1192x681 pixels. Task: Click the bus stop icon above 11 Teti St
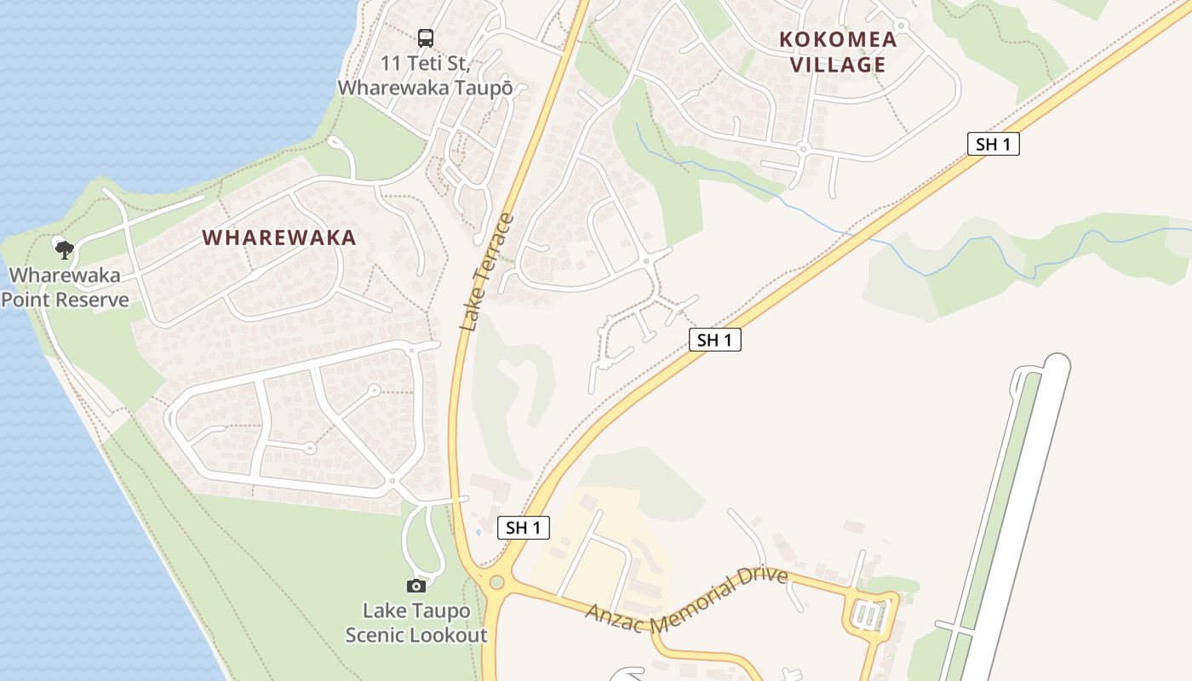pos(425,37)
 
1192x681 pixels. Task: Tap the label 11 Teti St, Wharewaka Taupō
pos(425,76)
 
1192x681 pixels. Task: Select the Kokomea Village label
pos(838,52)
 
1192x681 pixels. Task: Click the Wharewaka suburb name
pos(279,237)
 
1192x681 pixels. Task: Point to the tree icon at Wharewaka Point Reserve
pos(64,249)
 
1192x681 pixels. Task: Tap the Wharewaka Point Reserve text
pos(66,288)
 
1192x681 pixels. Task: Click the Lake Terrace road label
pos(487,272)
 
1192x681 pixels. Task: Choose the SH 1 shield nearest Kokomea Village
pos(993,144)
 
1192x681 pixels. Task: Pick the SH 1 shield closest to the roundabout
pos(523,528)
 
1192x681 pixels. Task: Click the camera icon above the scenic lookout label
pos(415,586)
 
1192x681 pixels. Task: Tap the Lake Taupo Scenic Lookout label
pos(415,623)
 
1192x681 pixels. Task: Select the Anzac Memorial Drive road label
pos(686,601)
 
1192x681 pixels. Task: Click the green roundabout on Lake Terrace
pos(496,583)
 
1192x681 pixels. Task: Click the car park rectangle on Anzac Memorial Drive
pos(868,615)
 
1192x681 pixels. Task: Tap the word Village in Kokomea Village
pos(838,65)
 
